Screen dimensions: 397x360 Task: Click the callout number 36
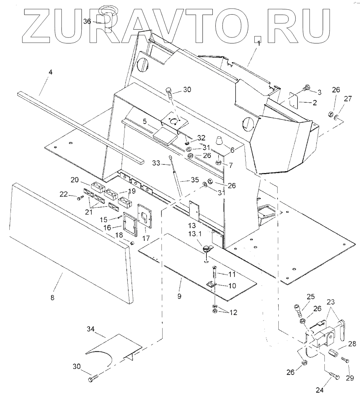pos(87,22)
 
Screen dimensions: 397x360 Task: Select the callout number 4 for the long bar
pos(50,71)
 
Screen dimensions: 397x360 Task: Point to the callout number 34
pos(90,329)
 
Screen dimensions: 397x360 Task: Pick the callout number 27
pos(348,98)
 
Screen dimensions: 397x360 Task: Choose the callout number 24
pos(320,390)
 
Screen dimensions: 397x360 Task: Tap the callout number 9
pos(179,296)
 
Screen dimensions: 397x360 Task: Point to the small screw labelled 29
pos(345,361)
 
